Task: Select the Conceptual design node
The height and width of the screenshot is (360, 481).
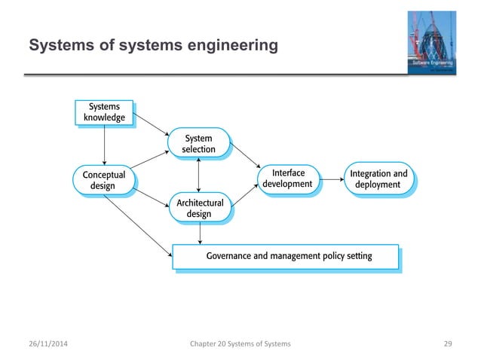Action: point(103,179)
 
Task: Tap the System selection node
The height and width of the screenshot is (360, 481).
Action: point(198,144)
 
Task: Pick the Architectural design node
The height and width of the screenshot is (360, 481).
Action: point(199,209)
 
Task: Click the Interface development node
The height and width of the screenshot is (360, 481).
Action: point(286,179)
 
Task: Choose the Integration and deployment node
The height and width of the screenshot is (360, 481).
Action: point(378,179)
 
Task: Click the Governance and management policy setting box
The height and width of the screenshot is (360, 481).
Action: point(284,256)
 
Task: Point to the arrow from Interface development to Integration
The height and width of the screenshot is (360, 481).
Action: point(329,180)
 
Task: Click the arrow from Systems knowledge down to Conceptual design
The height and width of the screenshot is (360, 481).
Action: point(104,145)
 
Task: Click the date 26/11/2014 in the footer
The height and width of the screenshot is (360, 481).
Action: point(51,344)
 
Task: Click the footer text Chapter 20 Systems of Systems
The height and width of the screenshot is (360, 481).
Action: point(241,344)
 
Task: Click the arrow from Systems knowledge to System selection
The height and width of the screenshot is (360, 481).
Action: point(152,126)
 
